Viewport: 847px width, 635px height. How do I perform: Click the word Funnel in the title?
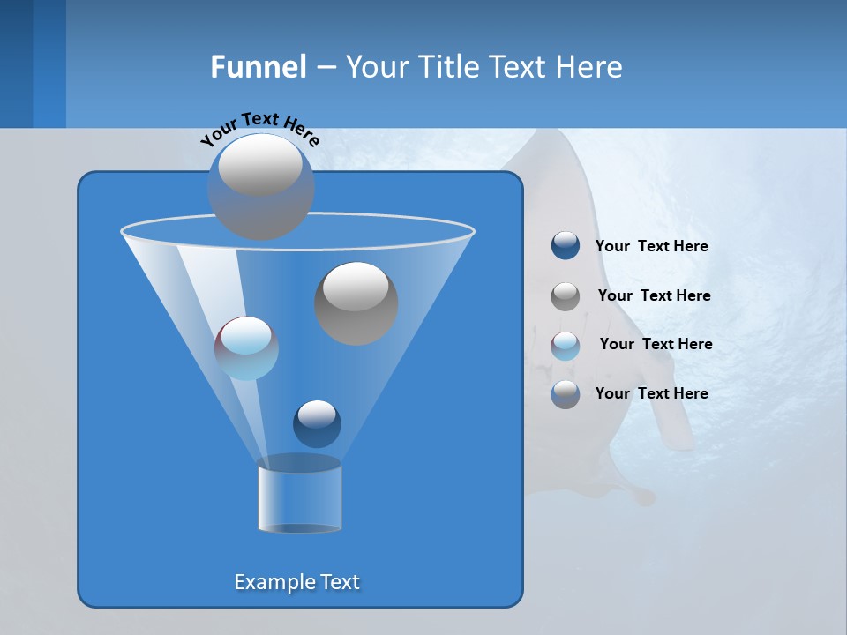(x=258, y=67)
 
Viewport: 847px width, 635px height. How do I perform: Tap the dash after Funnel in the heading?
(x=325, y=68)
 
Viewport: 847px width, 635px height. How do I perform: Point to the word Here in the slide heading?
(x=589, y=67)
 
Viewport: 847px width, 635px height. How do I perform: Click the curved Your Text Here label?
(x=259, y=127)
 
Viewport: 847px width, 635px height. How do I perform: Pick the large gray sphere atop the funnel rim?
(x=260, y=186)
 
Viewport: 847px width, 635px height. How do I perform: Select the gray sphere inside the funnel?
(x=356, y=303)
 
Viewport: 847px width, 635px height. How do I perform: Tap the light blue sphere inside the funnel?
(x=246, y=347)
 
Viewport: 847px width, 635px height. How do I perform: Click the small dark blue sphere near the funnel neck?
(x=317, y=423)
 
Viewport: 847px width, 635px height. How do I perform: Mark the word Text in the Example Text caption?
(x=338, y=582)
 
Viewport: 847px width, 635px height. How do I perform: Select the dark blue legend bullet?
(x=566, y=246)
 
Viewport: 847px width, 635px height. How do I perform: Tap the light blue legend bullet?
(x=566, y=345)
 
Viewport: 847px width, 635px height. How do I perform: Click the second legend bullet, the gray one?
(x=566, y=295)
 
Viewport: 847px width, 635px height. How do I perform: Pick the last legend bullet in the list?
(x=566, y=394)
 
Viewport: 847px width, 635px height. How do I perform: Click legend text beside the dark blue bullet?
(x=651, y=246)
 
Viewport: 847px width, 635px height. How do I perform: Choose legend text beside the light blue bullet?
(x=656, y=344)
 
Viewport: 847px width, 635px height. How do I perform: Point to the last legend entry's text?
(x=651, y=393)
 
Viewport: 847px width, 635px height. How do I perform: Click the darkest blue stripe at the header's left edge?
(x=16, y=63)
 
